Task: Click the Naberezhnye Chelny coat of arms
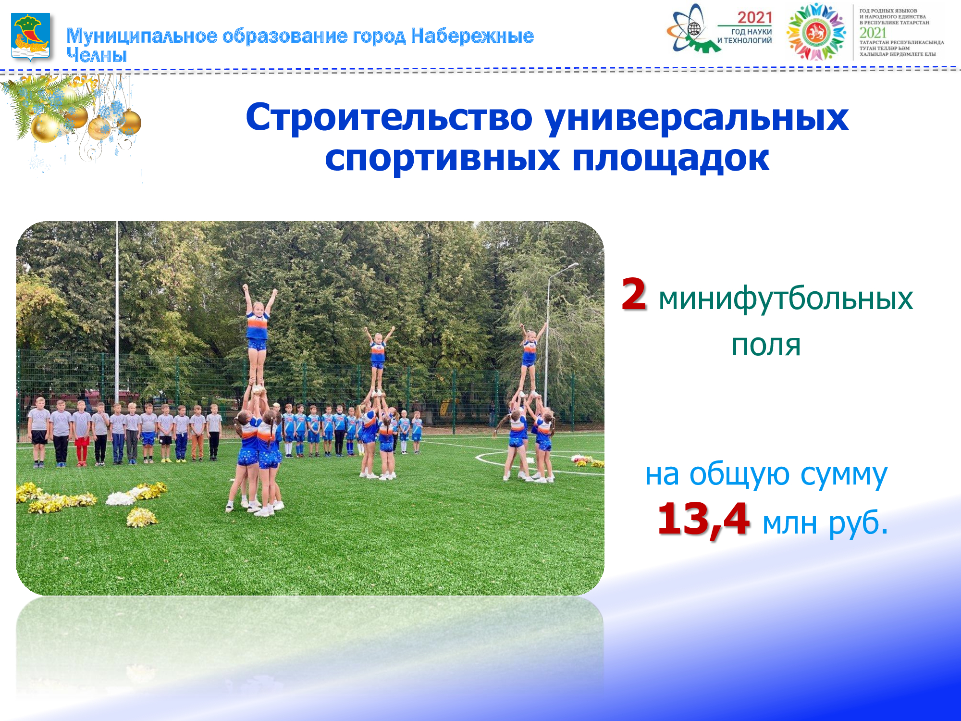[31, 37]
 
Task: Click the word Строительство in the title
[389, 117]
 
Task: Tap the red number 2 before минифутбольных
[634, 294]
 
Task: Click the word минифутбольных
[786, 298]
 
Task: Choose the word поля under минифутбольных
[766, 345]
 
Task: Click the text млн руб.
[825, 522]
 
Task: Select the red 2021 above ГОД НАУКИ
[754, 18]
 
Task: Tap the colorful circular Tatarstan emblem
[816, 32]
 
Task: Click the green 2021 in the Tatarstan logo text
[873, 33]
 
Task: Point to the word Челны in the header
[97, 55]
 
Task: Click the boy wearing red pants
[82, 433]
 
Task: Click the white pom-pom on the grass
[120, 498]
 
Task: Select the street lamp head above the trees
[572, 265]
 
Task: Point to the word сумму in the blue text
[844, 475]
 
